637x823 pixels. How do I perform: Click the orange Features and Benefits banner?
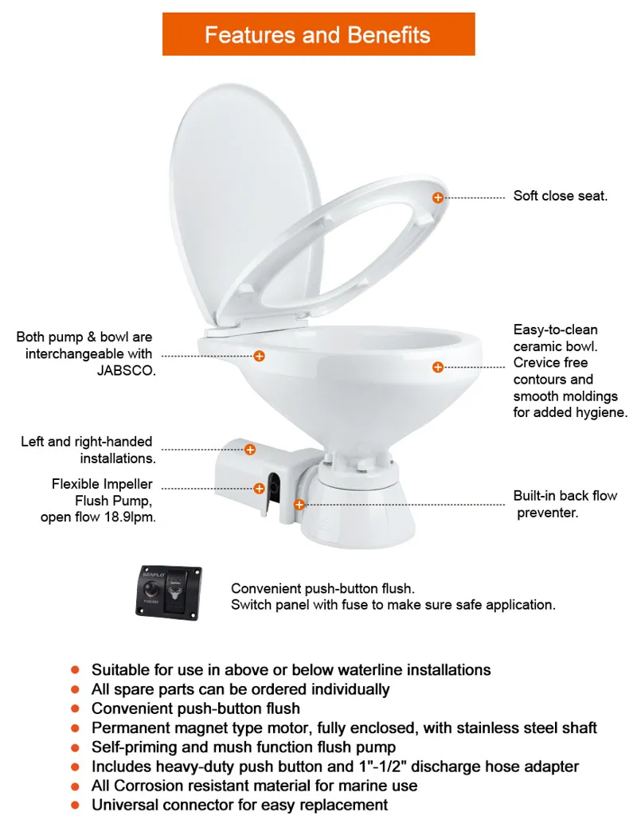pyautogui.click(x=318, y=34)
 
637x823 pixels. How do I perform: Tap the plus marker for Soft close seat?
pyautogui.click(x=438, y=197)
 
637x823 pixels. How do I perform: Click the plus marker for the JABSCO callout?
pyautogui.click(x=259, y=356)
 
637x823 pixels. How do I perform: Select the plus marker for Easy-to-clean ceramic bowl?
pyautogui.click(x=437, y=367)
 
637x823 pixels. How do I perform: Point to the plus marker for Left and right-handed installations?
pyautogui.click(x=249, y=450)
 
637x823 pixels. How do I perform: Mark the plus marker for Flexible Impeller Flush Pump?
pyautogui.click(x=259, y=488)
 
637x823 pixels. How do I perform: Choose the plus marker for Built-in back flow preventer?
pyautogui.click(x=299, y=504)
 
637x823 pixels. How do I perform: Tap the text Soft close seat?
pyautogui.click(x=560, y=196)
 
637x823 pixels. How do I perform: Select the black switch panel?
pyautogui.click(x=168, y=591)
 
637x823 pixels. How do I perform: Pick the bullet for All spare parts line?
pyautogui.click(x=76, y=689)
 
